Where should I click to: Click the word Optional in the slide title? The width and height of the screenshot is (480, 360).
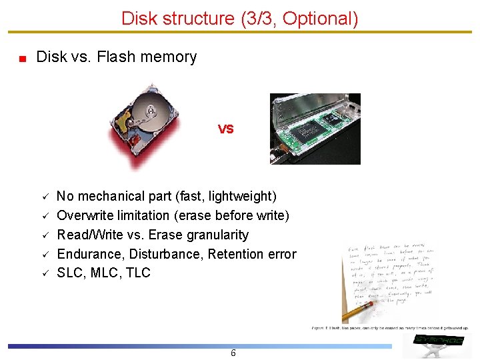click(319, 19)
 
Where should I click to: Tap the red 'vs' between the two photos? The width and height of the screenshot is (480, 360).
click(225, 129)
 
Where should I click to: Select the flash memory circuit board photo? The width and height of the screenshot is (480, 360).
click(315, 129)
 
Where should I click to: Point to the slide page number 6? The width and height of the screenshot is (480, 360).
click(233, 353)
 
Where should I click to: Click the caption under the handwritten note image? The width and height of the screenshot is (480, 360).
click(390, 328)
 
